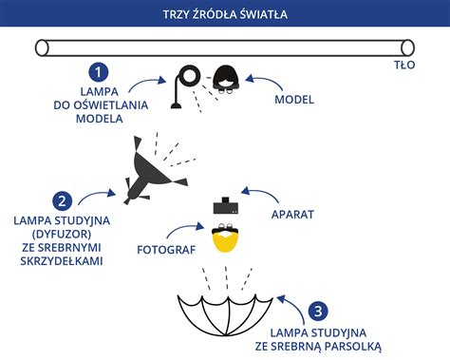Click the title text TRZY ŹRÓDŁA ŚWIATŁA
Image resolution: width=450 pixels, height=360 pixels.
[225, 13]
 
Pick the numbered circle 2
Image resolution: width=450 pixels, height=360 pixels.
[63, 200]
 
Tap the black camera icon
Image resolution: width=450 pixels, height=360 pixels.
[225, 206]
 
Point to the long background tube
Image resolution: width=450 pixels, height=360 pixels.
[225, 47]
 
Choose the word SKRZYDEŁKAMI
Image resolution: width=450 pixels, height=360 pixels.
[59, 259]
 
